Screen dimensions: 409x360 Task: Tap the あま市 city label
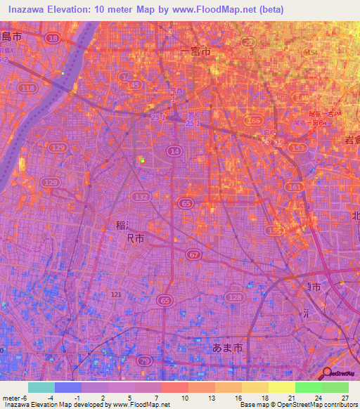227,347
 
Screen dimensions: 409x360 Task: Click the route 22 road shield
248,44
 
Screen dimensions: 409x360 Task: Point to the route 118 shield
29,89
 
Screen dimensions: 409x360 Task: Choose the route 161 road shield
295,188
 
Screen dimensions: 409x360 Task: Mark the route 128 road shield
234,299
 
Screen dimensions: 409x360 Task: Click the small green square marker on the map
141,160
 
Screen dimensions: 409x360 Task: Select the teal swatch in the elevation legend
41,387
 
